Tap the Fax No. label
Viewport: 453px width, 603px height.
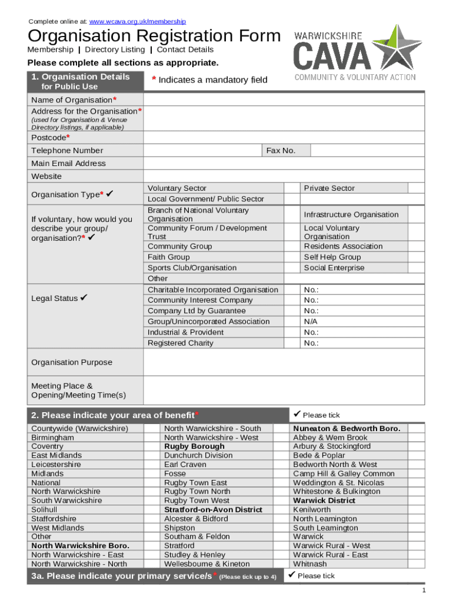(x=281, y=151)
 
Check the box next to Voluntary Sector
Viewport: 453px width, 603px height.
(x=292, y=188)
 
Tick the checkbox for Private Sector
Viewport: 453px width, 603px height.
(x=416, y=188)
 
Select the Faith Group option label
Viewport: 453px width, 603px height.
(x=169, y=257)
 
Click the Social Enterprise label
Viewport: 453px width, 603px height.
(x=334, y=268)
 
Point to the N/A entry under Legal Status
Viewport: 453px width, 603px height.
(x=310, y=322)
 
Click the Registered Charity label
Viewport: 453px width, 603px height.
(x=180, y=343)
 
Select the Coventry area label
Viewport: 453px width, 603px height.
(x=47, y=446)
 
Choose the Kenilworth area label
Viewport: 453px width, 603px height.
(x=312, y=510)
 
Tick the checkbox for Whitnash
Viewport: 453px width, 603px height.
(x=416, y=564)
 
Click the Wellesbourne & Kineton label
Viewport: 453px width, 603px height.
(x=206, y=564)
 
